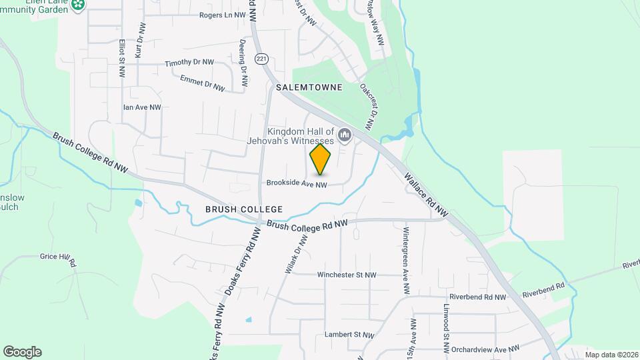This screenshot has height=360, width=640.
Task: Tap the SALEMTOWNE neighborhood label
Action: click(x=309, y=87)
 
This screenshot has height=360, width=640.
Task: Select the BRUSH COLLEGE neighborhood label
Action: click(x=244, y=209)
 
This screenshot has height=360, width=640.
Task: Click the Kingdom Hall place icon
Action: click(x=345, y=136)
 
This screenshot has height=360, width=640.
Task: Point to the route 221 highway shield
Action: click(x=261, y=59)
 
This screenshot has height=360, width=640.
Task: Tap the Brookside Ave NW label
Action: click(x=297, y=184)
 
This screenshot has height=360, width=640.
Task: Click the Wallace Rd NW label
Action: click(x=426, y=194)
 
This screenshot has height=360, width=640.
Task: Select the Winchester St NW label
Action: click(x=347, y=275)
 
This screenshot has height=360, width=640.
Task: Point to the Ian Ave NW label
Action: click(x=142, y=107)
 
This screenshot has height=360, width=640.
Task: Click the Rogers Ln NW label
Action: click(x=222, y=15)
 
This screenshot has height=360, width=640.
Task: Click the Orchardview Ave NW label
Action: click(x=485, y=349)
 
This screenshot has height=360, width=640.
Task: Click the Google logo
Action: click(x=22, y=352)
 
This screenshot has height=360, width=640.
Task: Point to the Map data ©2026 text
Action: click(x=611, y=355)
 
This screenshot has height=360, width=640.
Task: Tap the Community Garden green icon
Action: click(x=79, y=5)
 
